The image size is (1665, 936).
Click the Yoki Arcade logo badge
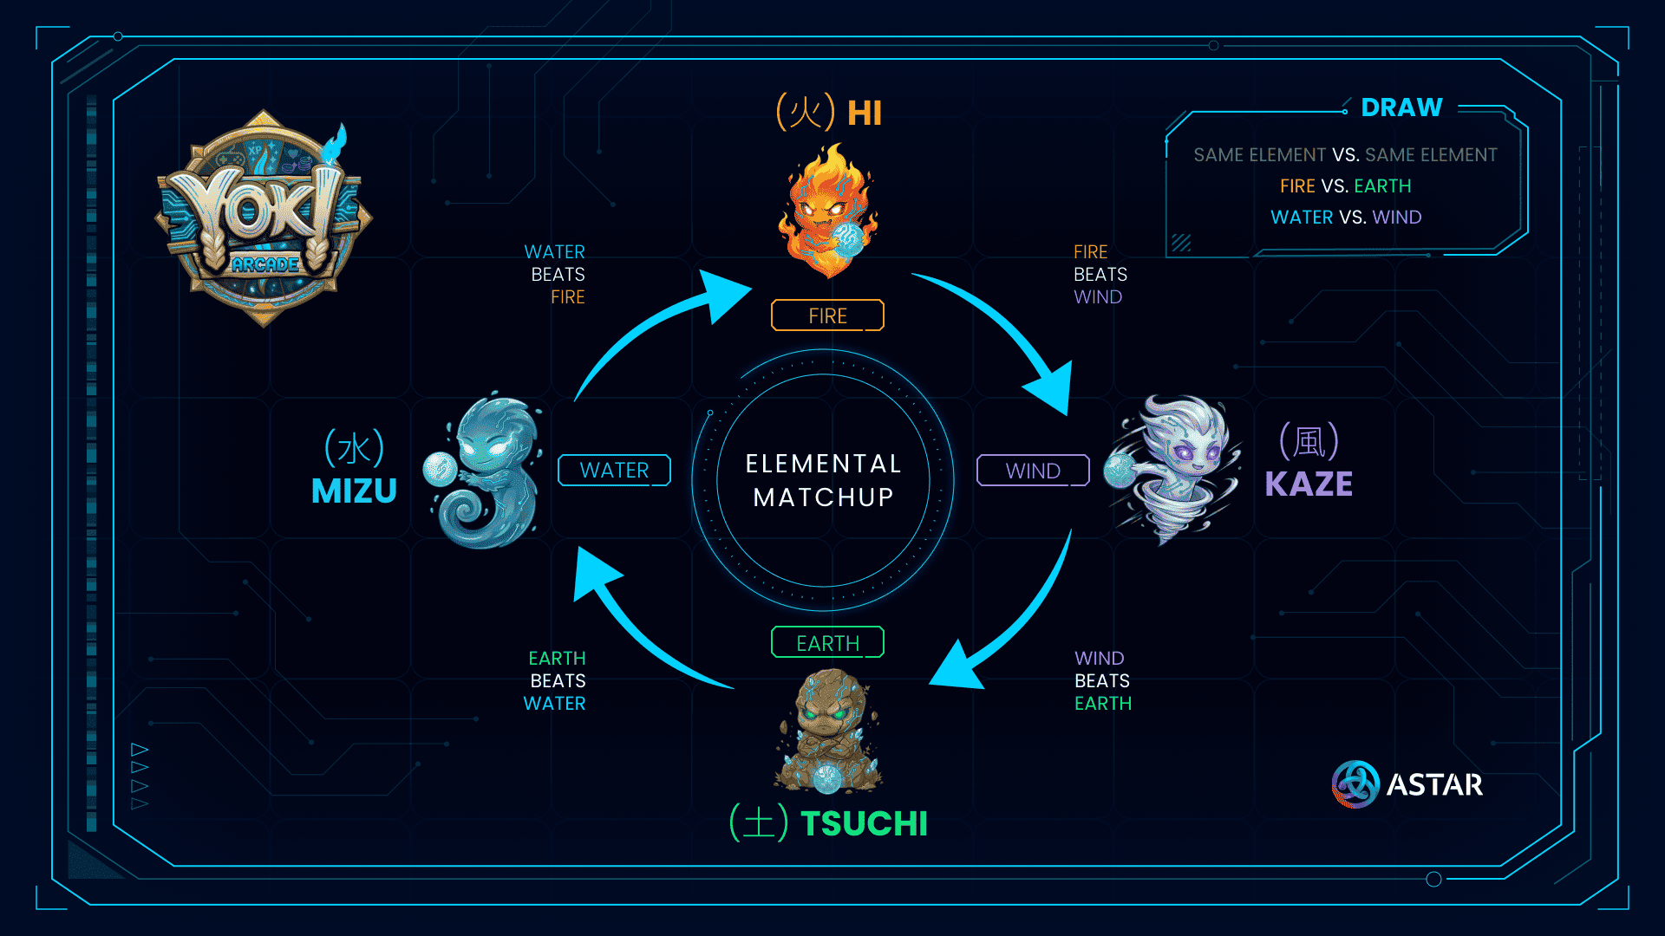click(x=264, y=218)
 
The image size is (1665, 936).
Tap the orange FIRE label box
click(x=827, y=315)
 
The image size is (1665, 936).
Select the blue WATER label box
click(x=614, y=470)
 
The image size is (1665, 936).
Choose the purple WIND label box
click(x=1033, y=470)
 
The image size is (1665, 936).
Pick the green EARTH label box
click(x=827, y=642)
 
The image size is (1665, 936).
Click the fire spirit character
click(x=828, y=210)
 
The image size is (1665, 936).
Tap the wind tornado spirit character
click(x=1171, y=469)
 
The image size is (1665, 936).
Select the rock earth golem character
click(x=827, y=731)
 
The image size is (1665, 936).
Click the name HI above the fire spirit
click(x=864, y=114)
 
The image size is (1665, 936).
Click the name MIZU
click(x=354, y=491)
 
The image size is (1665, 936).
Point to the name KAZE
click(x=1309, y=484)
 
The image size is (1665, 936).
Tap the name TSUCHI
click(x=864, y=823)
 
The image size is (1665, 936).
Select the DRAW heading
click(x=1401, y=107)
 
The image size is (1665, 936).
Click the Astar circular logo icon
click(x=1355, y=784)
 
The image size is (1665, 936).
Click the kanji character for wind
click(x=1309, y=442)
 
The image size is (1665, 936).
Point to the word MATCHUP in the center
click(x=823, y=497)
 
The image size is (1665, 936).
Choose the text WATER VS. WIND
click(x=1346, y=218)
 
